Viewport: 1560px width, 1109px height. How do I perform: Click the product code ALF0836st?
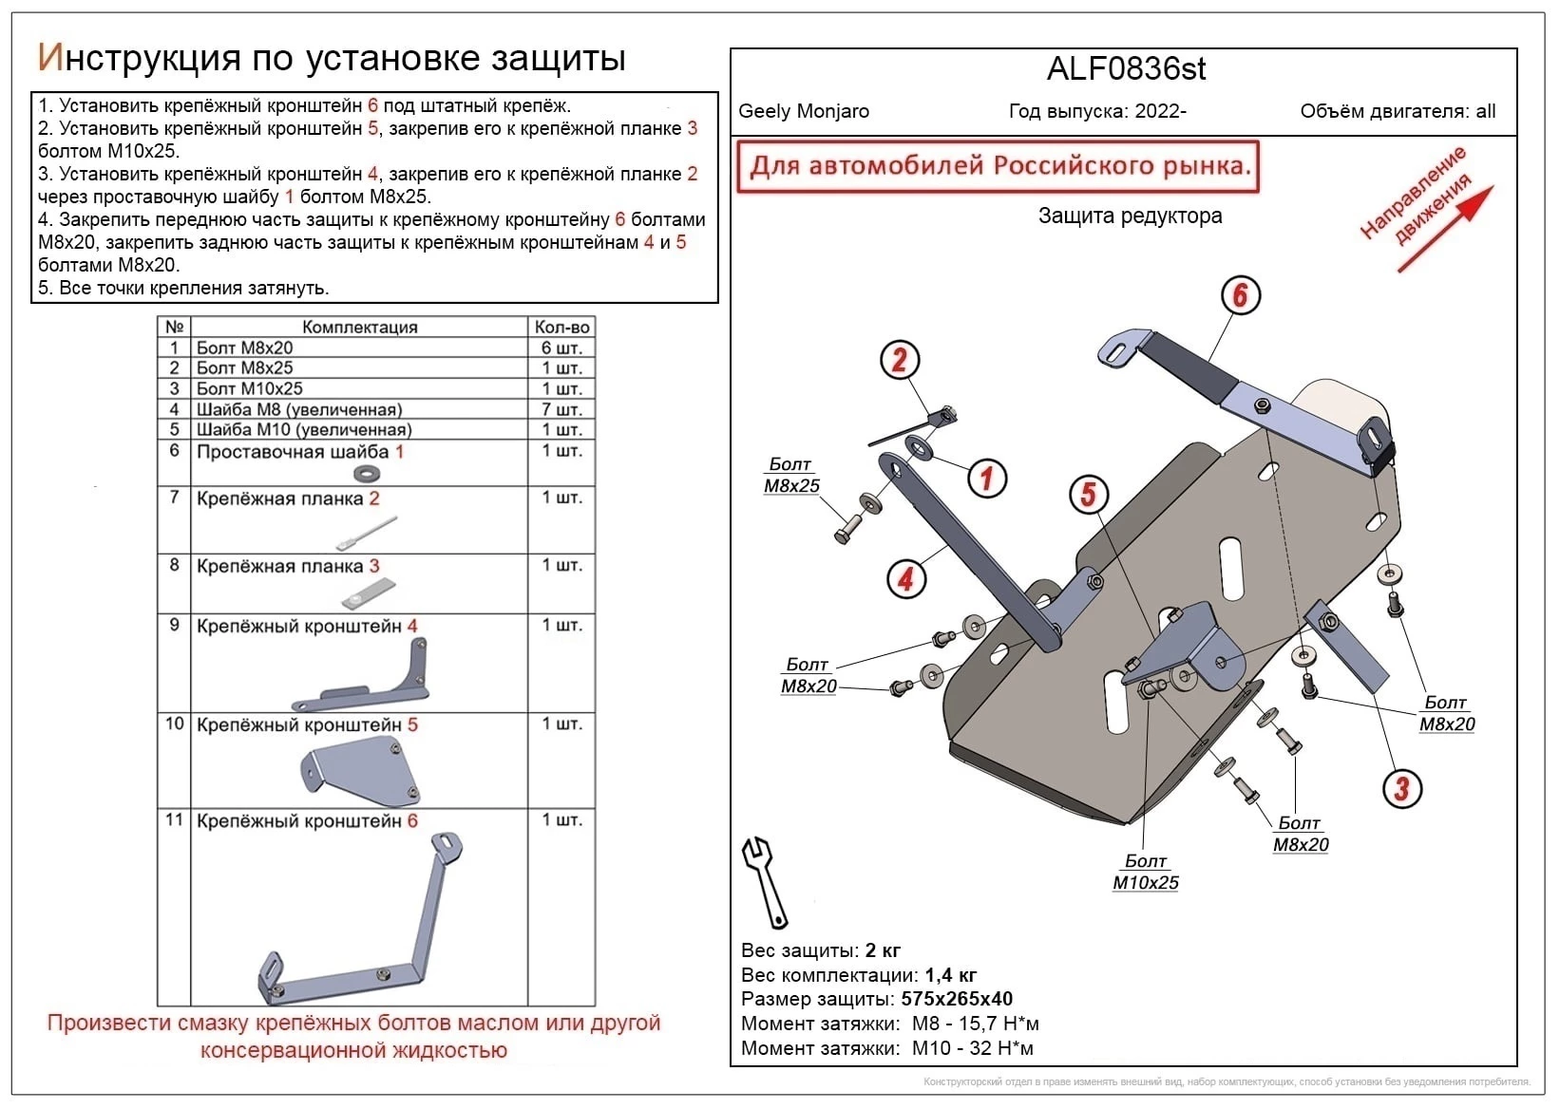click(x=1126, y=69)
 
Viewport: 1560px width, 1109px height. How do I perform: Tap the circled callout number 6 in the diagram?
click(x=1240, y=295)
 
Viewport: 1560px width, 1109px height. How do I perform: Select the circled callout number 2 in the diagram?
click(x=900, y=361)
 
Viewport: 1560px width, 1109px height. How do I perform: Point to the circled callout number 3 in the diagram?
click(x=1401, y=787)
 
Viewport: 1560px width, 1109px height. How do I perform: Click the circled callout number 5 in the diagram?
click(x=1089, y=494)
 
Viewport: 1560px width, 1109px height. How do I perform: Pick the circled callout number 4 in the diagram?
click(x=906, y=578)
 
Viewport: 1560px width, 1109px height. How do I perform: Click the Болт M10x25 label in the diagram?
click(x=1146, y=872)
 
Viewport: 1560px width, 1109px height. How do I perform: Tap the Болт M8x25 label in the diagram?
click(x=791, y=475)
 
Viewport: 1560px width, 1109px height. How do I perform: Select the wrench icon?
click(x=765, y=882)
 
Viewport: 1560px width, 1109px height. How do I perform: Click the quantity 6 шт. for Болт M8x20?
click(x=561, y=348)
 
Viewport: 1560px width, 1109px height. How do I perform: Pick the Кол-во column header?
click(x=561, y=327)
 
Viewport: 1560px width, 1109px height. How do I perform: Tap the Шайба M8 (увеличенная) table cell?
click(x=299, y=409)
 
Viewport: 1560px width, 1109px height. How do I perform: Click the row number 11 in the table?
click(x=174, y=819)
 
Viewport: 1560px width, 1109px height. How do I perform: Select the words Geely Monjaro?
click(x=804, y=111)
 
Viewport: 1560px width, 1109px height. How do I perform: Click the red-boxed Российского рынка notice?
click(x=998, y=167)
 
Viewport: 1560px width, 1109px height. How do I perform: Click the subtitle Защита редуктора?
click(x=1130, y=216)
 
